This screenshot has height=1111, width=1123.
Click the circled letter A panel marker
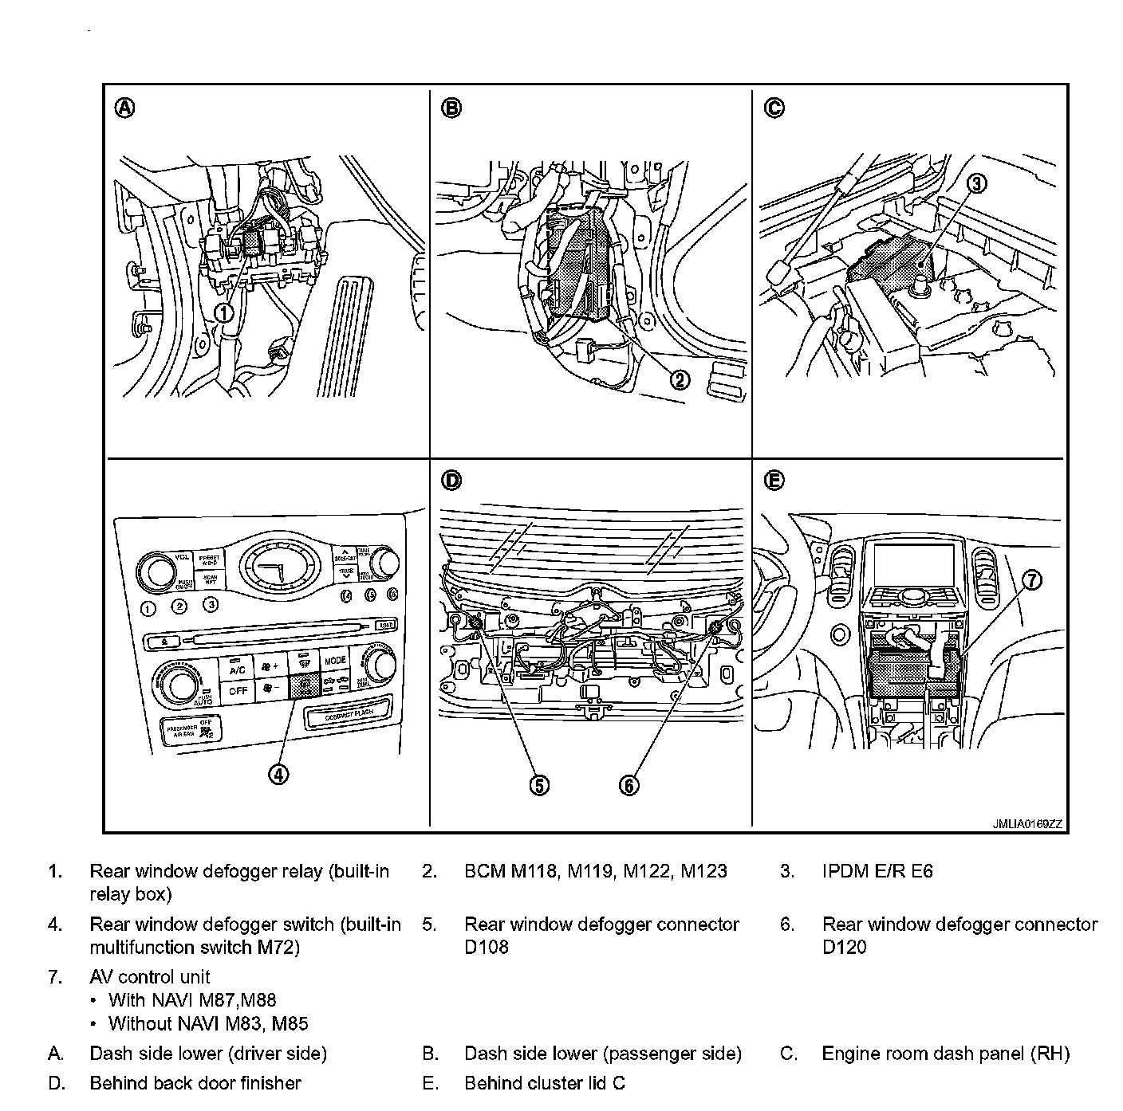pyautogui.click(x=125, y=108)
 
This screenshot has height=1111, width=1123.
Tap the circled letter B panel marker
pyautogui.click(x=451, y=108)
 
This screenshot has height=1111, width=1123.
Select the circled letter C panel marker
pyautogui.click(x=774, y=108)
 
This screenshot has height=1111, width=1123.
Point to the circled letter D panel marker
pyautogui.click(x=451, y=481)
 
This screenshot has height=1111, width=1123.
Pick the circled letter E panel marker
pyautogui.click(x=774, y=481)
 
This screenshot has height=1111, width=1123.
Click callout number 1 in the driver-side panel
pyautogui.click(x=226, y=313)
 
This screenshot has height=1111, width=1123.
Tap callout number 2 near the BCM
pyautogui.click(x=680, y=380)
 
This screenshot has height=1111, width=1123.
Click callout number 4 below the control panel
pyautogui.click(x=278, y=774)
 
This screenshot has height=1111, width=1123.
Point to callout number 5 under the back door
pyautogui.click(x=539, y=785)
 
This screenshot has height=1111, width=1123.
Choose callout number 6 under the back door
pyautogui.click(x=629, y=785)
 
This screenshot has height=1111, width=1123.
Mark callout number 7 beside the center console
pyautogui.click(x=1032, y=581)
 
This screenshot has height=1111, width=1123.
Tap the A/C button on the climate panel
pyautogui.click(x=237, y=669)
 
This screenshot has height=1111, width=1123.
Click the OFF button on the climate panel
pyautogui.click(x=238, y=691)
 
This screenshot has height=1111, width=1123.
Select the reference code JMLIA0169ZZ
pyautogui.click(x=1027, y=825)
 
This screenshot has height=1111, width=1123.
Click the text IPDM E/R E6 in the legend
pyautogui.click(x=877, y=871)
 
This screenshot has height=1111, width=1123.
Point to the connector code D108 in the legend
pyautogui.click(x=487, y=948)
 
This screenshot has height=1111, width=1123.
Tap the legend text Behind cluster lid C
pyautogui.click(x=545, y=1083)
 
